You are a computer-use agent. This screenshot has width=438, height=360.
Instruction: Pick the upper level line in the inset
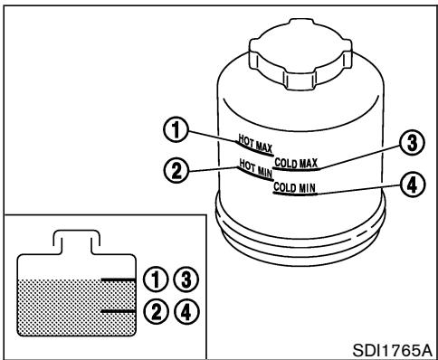click(117, 280)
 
